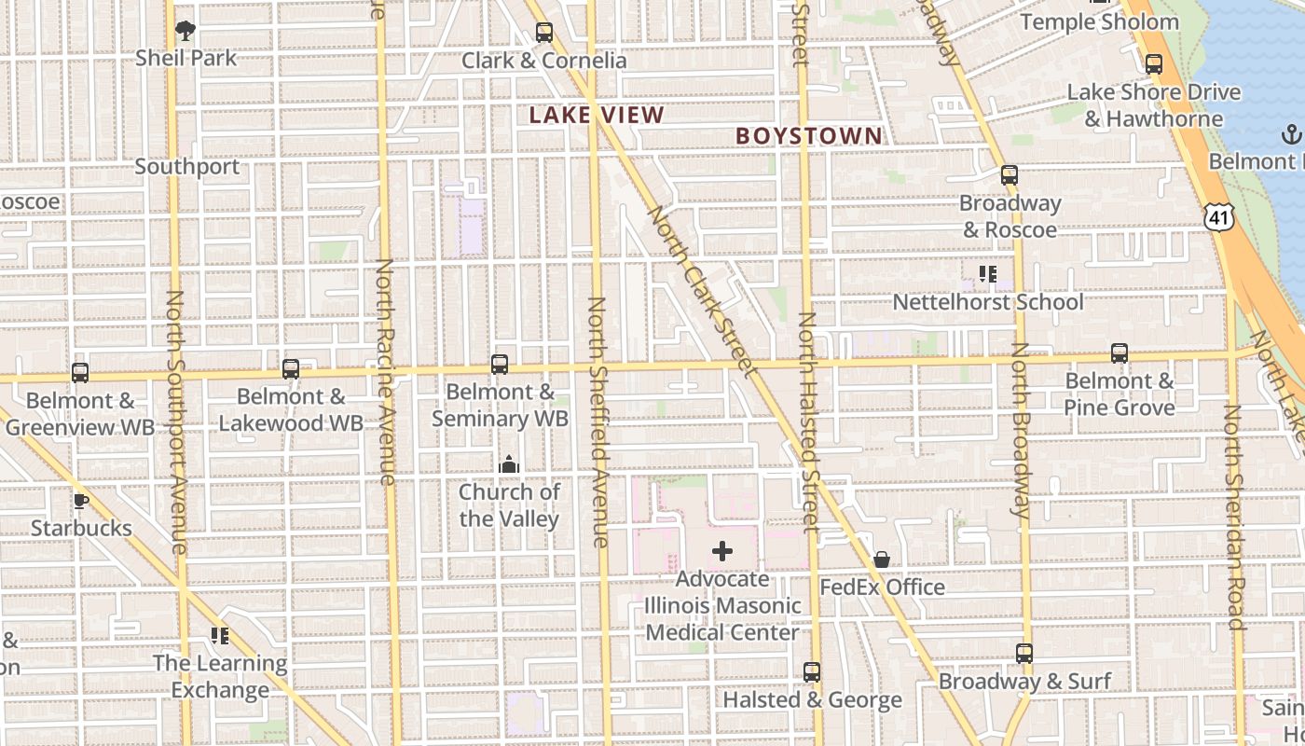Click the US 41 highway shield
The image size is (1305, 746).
tap(1218, 216)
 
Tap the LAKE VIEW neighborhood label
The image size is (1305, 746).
tap(597, 116)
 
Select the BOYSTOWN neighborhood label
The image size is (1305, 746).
tap(808, 136)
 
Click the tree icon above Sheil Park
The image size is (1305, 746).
tap(185, 30)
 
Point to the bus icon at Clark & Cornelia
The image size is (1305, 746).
tap(544, 33)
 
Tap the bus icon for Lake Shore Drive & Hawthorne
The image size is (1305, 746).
tap(1154, 64)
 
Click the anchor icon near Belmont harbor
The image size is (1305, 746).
tap(1291, 134)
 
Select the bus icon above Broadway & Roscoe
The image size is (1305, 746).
tap(1009, 174)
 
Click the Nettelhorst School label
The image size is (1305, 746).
tap(988, 302)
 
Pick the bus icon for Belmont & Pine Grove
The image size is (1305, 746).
tap(1120, 353)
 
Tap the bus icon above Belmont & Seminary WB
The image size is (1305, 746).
tap(500, 364)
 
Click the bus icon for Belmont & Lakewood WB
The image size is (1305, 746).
tap(291, 369)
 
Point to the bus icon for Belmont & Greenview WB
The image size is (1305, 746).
tap(80, 373)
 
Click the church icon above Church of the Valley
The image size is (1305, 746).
tap(509, 463)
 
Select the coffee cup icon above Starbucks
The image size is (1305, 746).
tap(81, 501)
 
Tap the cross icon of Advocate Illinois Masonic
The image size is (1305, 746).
tap(722, 551)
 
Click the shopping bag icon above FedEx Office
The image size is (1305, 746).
tap(882, 559)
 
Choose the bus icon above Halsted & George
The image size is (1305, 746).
tap(812, 671)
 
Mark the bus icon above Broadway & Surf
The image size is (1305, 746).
tap(1024, 654)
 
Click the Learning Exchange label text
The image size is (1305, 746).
tap(220, 677)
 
